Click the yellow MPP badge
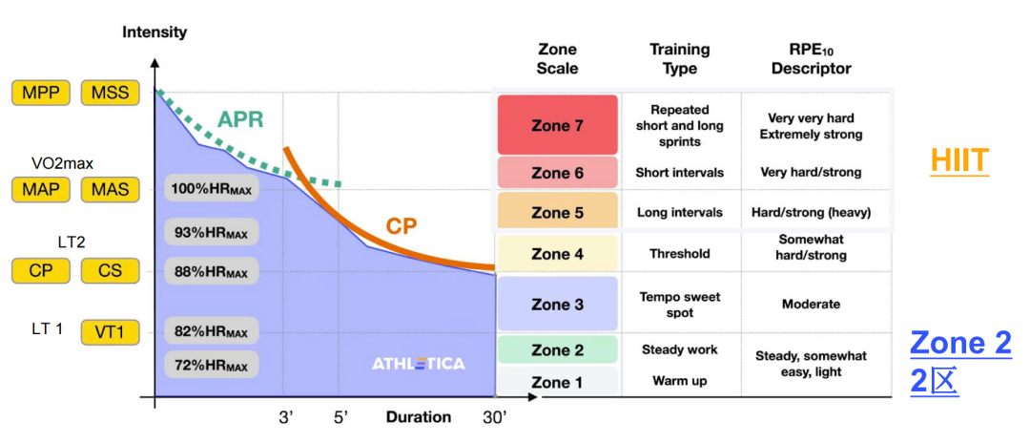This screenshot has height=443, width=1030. click(x=41, y=93)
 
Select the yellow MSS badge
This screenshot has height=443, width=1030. click(x=111, y=93)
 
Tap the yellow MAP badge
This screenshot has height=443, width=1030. click(x=41, y=191)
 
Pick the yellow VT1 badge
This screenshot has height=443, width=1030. click(x=111, y=332)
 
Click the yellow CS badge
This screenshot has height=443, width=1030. click(x=111, y=270)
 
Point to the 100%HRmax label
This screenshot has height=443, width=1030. click(x=211, y=189)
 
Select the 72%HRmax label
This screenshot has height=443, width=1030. click(x=211, y=364)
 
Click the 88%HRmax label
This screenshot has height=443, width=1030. click(x=211, y=270)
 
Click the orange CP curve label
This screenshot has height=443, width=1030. click(x=400, y=226)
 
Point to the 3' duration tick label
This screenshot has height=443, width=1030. click(x=285, y=417)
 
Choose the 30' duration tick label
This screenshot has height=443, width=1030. click(x=494, y=417)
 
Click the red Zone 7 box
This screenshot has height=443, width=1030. click(x=557, y=125)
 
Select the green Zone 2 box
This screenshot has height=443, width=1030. click(x=557, y=349)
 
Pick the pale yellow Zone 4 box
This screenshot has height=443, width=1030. click(x=557, y=254)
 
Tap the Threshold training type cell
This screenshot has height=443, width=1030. click(x=680, y=254)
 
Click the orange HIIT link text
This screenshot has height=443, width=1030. click(x=959, y=161)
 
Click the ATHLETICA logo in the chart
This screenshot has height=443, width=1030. click(x=419, y=364)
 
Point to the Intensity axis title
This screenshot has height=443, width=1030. click(x=154, y=32)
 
